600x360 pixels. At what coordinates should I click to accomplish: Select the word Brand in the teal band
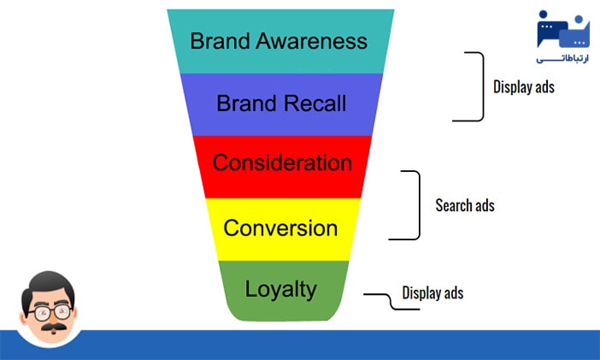click(x=221, y=41)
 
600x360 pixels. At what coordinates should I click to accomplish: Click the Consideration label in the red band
click(x=281, y=163)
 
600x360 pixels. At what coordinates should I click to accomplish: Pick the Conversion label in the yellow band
click(x=280, y=228)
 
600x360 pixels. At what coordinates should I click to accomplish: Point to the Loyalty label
click(x=280, y=289)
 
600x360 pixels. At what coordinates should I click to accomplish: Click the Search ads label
click(x=465, y=205)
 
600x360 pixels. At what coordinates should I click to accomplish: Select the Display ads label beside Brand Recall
click(x=524, y=86)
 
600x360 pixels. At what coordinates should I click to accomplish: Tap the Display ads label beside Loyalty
click(x=432, y=293)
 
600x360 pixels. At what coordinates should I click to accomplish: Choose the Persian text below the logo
click(x=562, y=60)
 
